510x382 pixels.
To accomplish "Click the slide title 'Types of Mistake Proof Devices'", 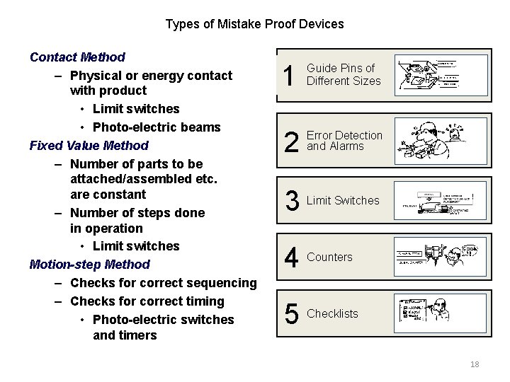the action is (254, 24).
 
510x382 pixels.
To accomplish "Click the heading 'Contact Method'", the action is (77, 57).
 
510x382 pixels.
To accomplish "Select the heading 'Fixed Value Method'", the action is (89, 146).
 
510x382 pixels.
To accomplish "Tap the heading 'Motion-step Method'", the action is (90, 265).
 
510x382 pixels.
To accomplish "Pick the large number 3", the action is (291, 202).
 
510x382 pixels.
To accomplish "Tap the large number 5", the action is (291, 314).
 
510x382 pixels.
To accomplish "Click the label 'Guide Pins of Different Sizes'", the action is (344, 75).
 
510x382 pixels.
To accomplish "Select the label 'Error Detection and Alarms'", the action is (344, 141).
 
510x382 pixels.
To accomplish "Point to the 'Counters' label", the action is (329, 257).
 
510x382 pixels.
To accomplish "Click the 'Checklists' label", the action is (332, 313).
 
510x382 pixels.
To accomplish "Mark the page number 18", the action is (475, 364).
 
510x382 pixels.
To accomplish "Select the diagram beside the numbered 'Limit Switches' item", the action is (436, 202).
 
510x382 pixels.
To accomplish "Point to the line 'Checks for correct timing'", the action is (147, 301).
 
